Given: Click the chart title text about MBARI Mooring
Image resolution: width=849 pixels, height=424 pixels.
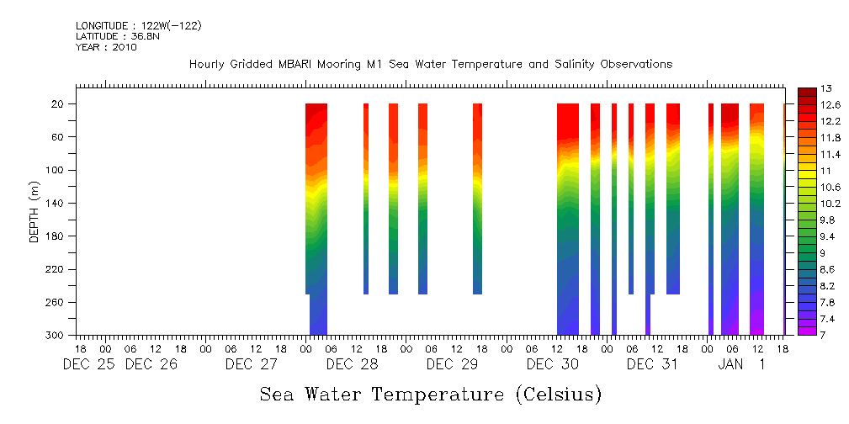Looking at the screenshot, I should click(x=431, y=65).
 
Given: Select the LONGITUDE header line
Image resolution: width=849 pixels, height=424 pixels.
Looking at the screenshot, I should click(x=138, y=26).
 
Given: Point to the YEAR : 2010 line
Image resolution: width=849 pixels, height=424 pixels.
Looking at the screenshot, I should click(x=105, y=47).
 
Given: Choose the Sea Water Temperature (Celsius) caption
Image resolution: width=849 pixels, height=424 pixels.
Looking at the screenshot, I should click(x=430, y=394).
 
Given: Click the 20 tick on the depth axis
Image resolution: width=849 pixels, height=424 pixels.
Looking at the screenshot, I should click(x=60, y=103).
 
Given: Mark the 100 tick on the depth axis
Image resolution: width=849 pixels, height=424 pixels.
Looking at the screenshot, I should click(x=57, y=170).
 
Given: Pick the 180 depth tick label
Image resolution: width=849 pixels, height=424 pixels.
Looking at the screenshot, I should click(x=57, y=236).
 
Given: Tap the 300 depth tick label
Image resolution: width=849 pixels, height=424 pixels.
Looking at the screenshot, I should click(x=57, y=336).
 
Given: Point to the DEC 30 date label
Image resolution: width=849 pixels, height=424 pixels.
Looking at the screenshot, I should click(x=552, y=365).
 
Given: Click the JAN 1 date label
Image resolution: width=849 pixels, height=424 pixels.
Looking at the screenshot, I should click(x=741, y=365).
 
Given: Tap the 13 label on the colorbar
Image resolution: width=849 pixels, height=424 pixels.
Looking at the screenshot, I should click(x=827, y=88).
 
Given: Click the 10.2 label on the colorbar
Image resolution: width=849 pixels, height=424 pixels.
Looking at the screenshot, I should click(x=830, y=204).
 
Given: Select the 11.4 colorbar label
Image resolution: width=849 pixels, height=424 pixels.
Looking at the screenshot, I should click(x=830, y=154).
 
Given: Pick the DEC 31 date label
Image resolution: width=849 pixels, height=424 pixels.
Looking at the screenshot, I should click(x=652, y=365).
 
